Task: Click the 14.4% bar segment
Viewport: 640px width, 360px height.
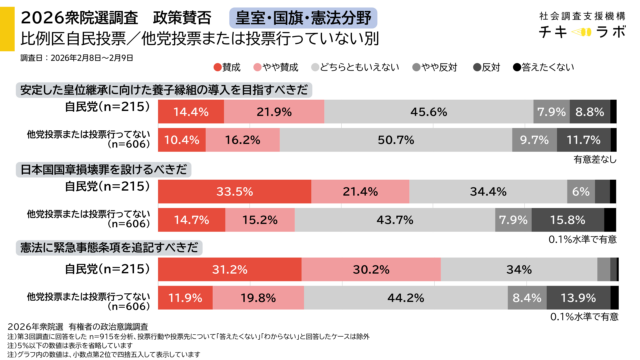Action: click(191, 112)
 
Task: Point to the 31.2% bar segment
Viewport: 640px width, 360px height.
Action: click(231, 270)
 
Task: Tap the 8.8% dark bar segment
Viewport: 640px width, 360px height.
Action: click(590, 112)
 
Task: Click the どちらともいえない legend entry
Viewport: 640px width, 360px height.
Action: click(358, 67)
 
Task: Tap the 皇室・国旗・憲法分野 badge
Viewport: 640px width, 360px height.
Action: click(300, 18)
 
